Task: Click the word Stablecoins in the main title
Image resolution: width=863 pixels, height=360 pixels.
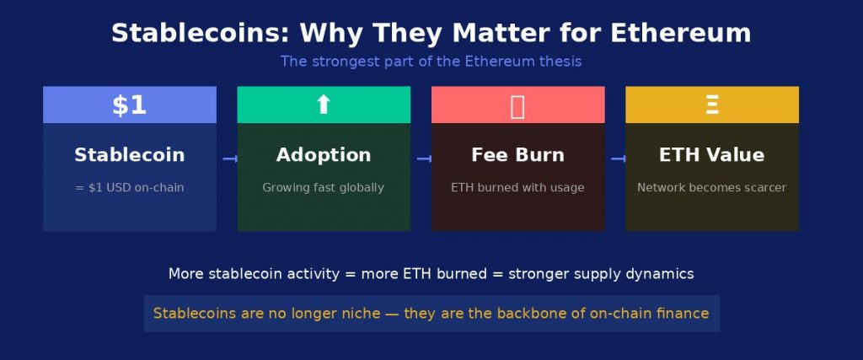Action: point(200,33)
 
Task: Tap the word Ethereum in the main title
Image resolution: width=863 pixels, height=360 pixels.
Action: point(680,33)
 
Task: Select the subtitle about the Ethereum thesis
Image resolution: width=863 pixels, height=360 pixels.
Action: point(431,61)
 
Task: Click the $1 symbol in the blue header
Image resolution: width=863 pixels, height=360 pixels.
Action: point(129,105)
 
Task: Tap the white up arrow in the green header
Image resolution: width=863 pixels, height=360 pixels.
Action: point(323,105)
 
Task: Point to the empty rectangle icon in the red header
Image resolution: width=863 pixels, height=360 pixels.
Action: point(517,106)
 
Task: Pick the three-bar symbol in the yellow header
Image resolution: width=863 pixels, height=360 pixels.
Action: point(711,105)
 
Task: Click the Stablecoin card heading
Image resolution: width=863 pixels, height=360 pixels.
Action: point(129,154)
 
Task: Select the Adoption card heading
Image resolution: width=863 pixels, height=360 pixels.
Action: point(324,154)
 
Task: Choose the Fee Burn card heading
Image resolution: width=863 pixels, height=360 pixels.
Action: point(518,154)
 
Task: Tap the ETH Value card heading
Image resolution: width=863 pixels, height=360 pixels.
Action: point(711,154)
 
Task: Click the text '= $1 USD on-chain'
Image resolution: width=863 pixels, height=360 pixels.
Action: point(129,188)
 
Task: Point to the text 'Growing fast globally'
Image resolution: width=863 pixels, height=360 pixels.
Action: point(323,188)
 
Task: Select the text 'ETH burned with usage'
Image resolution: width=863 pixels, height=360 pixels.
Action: point(517,188)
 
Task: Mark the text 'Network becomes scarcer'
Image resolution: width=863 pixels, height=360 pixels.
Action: point(711,188)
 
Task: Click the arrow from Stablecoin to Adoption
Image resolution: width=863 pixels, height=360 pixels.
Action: point(230,159)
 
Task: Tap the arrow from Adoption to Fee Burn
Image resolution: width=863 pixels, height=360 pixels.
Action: point(425,159)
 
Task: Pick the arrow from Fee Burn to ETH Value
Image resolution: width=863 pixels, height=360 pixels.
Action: point(619,159)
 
